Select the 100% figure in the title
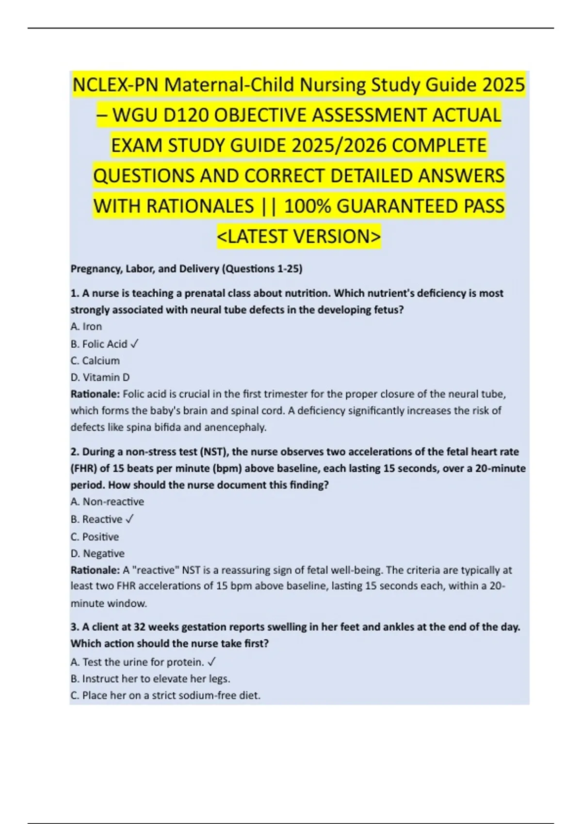click(x=307, y=206)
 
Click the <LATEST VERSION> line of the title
click(x=299, y=237)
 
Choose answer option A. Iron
click(x=86, y=327)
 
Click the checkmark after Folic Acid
click(x=135, y=344)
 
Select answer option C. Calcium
click(x=95, y=361)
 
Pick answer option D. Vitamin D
click(x=100, y=378)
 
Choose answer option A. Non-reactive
click(x=107, y=502)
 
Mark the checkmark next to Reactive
click(x=129, y=519)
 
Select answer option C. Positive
click(x=95, y=537)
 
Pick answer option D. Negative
click(x=97, y=554)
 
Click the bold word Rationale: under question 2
click(x=95, y=570)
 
